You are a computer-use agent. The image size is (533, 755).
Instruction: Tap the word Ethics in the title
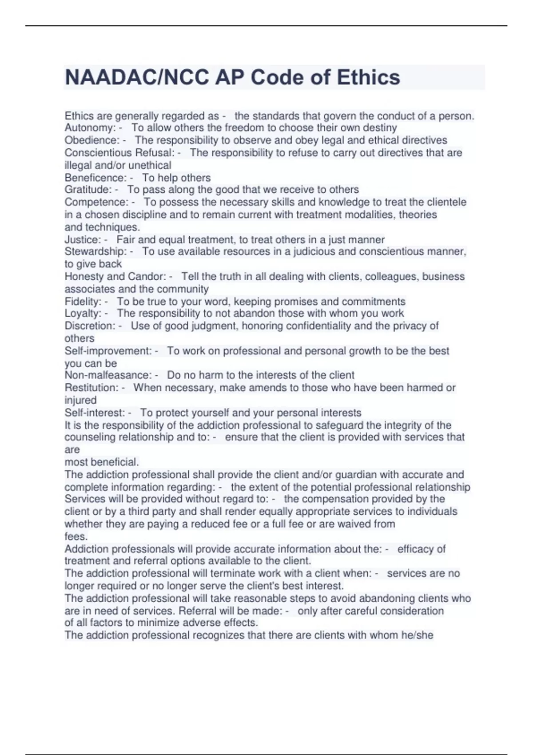pyautogui.click(x=368, y=78)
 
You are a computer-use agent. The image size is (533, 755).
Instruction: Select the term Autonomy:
pyautogui.click(x=90, y=128)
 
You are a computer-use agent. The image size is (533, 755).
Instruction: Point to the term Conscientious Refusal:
pyautogui.click(x=119, y=153)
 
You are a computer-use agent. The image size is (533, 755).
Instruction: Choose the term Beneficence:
pyautogui.click(x=95, y=178)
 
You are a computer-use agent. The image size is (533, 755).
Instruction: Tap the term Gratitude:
pyautogui.click(x=88, y=190)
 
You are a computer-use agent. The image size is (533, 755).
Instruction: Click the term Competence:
pyautogui.click(x=96, y=202)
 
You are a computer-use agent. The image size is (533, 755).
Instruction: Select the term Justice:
pyautogui.click(x=83, y=240)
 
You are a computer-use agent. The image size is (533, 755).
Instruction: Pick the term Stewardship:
pyautogui.click(x=95, y=251)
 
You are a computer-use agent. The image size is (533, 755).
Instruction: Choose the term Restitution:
pyautogui.click(x=91, y=388)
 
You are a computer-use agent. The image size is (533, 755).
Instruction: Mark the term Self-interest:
pyautogui.click(x=95, y=413)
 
